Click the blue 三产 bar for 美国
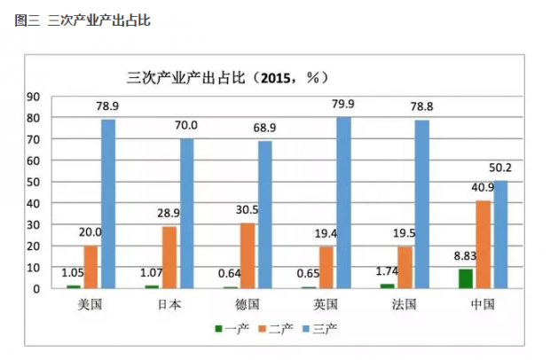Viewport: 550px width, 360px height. click(108, 203)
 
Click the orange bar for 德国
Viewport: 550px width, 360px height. click(247, 255)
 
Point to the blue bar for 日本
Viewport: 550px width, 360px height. click(186, 213)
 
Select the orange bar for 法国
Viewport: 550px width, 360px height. click(405, 267)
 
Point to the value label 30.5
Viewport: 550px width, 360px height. click(247, 210)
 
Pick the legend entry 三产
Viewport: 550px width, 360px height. click(321, 328)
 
